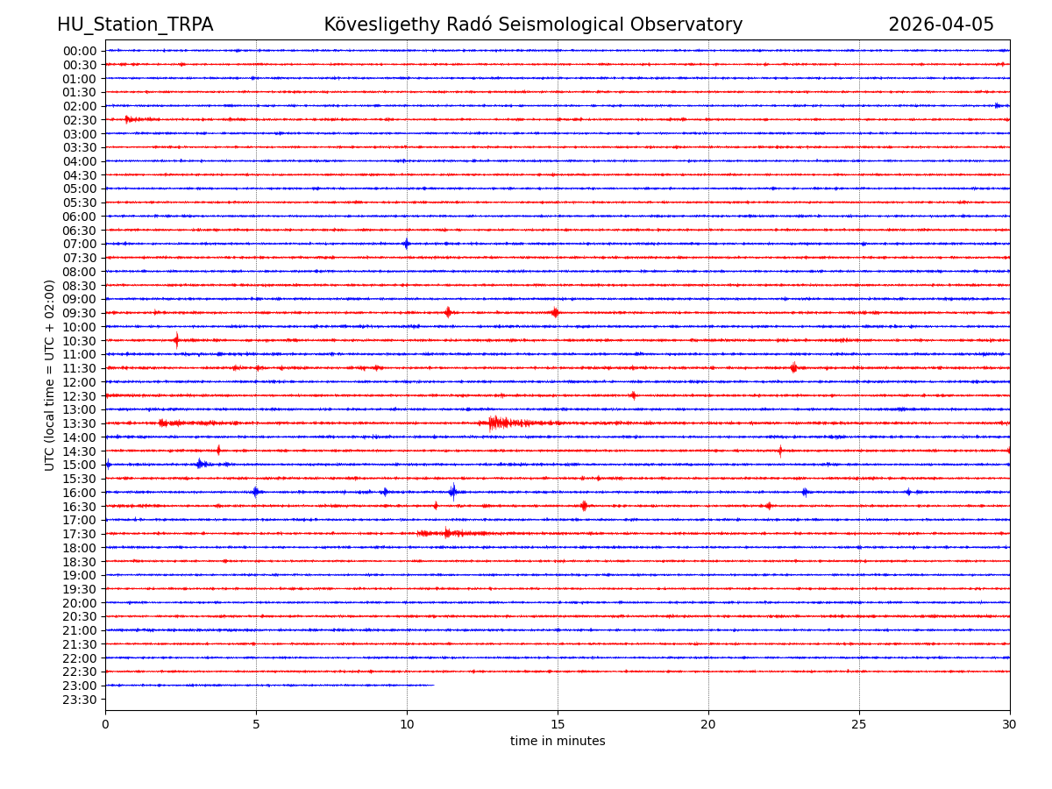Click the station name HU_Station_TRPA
point(135,25)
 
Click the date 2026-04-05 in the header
point(941,25)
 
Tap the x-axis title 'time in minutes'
point(558,742)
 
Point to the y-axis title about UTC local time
point(51,375)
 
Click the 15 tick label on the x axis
point(558,725)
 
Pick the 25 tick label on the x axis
point(859,725)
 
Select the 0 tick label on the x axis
point(105,725)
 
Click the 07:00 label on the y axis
point(79,244)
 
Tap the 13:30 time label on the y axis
point(79,423)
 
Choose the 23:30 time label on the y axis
point(79,700)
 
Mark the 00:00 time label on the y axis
point(79,51)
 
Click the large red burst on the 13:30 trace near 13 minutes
point(496,423)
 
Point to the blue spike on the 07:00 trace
point(406,244)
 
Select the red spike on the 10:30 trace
point(176,340)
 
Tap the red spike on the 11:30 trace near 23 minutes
point(793,368)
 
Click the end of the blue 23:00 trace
point(433,686)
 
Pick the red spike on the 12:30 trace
point(633,395)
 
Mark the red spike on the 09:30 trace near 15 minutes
point(555,313)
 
